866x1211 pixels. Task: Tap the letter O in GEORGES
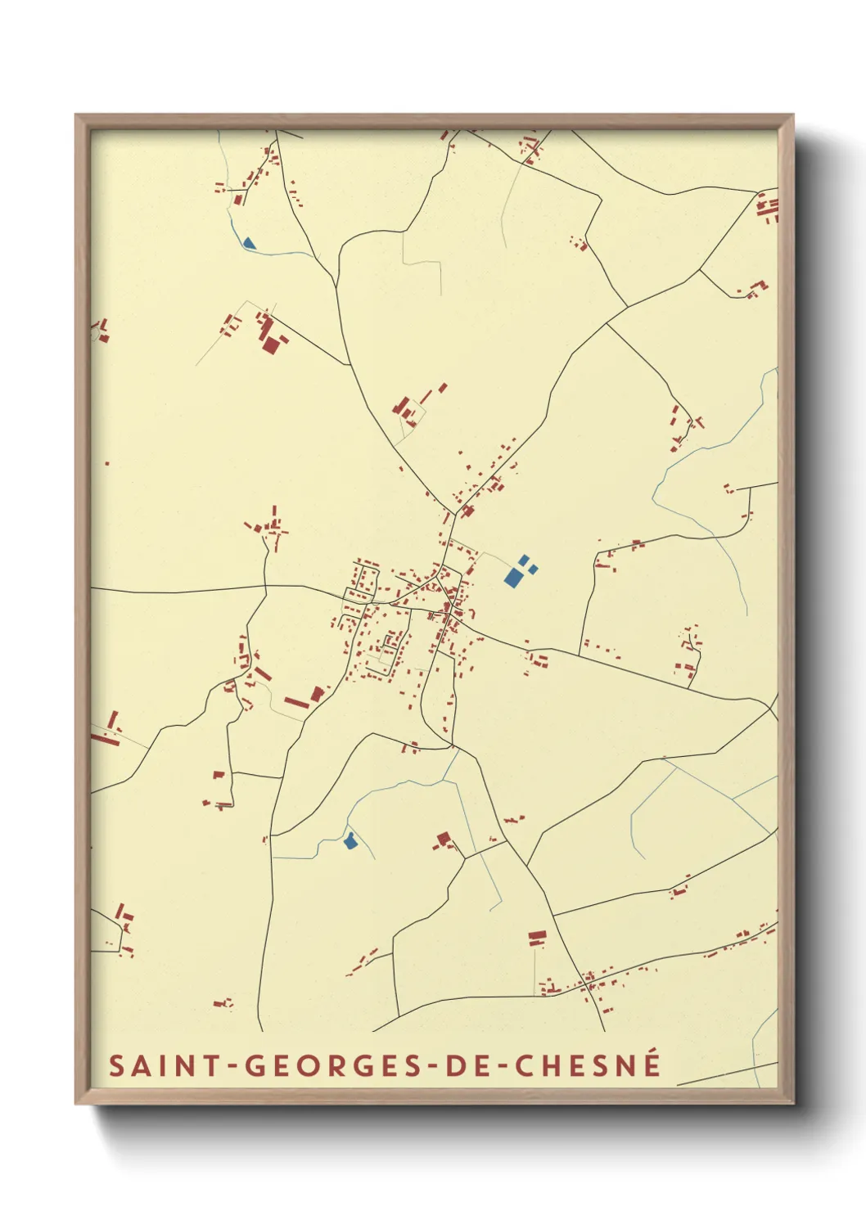point(302,1065)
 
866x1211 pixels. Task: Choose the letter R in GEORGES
point(325,1065)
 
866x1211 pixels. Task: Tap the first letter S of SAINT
point(117,1065)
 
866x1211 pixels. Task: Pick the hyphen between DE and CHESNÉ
point(496,1067)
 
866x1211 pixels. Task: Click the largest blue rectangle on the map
point(513,578)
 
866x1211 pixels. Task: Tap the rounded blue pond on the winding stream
point(350,840)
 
